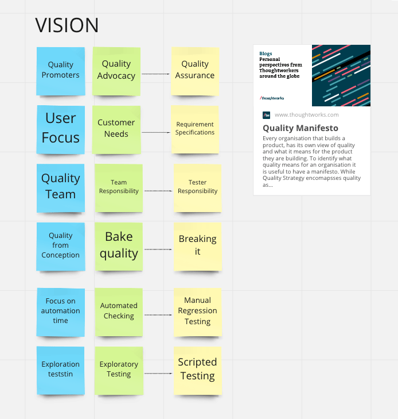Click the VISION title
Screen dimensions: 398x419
pos(67,25)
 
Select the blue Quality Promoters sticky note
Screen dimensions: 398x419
pos(61,71)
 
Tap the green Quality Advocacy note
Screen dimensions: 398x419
pos(116,71)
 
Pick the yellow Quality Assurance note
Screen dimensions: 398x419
pos(195,71)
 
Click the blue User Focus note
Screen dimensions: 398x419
pos(61,129)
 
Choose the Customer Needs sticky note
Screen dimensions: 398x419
pos(116,129)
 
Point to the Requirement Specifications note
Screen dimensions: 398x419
pos(195,129)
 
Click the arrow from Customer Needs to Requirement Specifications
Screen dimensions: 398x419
pos(155,132)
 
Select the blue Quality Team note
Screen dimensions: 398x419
pos(61,188)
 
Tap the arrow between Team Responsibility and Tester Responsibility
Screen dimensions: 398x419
pos(158,191)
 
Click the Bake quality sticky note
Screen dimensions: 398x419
pos(119,247)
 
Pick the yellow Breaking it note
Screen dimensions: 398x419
pos(197,247)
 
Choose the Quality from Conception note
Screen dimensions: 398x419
pos(61,247)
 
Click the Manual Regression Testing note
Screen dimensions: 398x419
pos(197,312)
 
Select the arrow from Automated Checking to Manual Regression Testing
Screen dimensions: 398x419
pos(158,315)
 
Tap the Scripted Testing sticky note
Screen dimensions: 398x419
pos(197,371)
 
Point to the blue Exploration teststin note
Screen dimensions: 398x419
pos(61,371)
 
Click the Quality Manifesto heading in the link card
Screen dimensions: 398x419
pos(301,128)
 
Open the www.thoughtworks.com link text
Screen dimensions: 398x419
pos(307,114)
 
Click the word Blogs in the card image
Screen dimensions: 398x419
pos(266,53)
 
